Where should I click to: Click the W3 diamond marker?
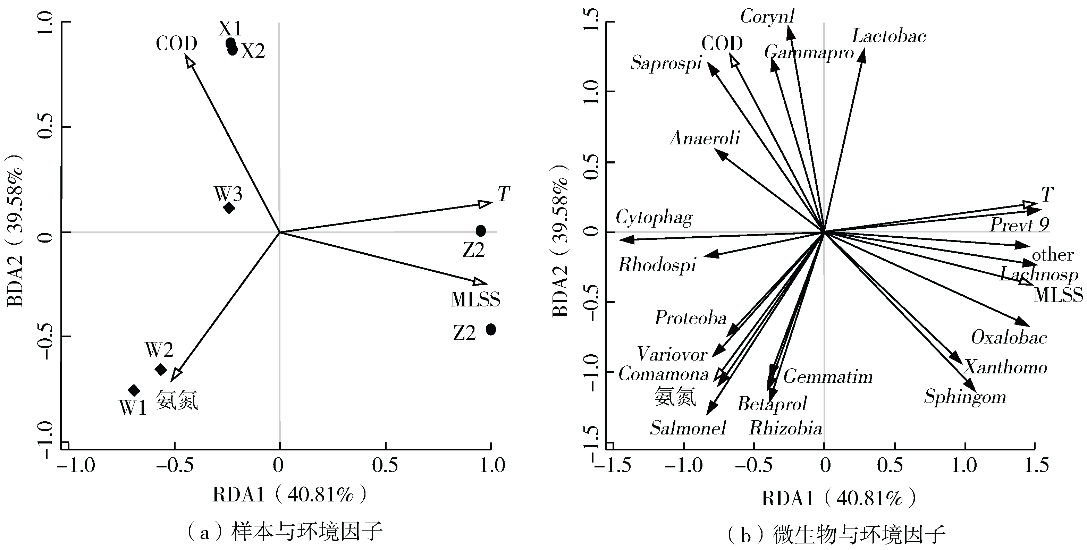[x=229, y=208]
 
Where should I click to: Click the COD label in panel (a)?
[x=176, y=43]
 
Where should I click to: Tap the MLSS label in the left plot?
[x=475, y=300]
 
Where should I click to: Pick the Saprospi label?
[x=666, y=63]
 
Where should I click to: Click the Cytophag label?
[x=654, y=218]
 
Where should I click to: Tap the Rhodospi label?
[x=657, y=265]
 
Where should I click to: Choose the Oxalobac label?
[x=1009, y=337]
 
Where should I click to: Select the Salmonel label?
[x=688, y=428]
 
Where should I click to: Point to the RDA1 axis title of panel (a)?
[x=289, y=495]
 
